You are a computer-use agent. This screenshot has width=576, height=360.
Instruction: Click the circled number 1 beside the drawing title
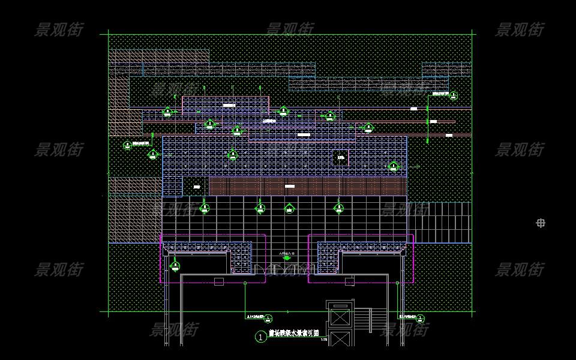click(x=260, y=337)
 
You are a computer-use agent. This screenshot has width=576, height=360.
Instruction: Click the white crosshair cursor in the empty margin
click(x=541, y=223)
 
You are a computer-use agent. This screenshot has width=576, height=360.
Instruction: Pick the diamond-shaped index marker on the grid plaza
click(x=289, y=209)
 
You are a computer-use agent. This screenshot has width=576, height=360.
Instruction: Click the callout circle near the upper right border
click(x=454, y=95)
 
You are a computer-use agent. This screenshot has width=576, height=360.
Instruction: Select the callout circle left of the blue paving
click(x=127, y=145)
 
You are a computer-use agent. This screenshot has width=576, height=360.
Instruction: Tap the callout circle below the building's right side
click(x=421, y=319)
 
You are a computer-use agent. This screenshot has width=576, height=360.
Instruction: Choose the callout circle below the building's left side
click(x=269, y=319)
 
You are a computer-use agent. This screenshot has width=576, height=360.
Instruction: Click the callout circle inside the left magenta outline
click(x=175, y=265)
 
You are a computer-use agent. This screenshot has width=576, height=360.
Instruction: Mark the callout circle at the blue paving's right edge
click(x=393, y=166)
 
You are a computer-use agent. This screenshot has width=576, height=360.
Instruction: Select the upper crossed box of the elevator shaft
click(x=340, y=316)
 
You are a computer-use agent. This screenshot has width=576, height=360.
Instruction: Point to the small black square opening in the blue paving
click(x=340, y=158)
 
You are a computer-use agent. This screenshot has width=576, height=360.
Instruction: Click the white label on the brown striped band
click(x=290, y=187)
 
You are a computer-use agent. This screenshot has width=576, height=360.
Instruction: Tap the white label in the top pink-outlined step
click(x=229, y=105)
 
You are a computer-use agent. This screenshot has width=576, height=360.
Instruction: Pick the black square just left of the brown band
click(x=196, y=187)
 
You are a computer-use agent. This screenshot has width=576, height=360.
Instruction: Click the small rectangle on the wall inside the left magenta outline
click(x=219, y=281)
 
